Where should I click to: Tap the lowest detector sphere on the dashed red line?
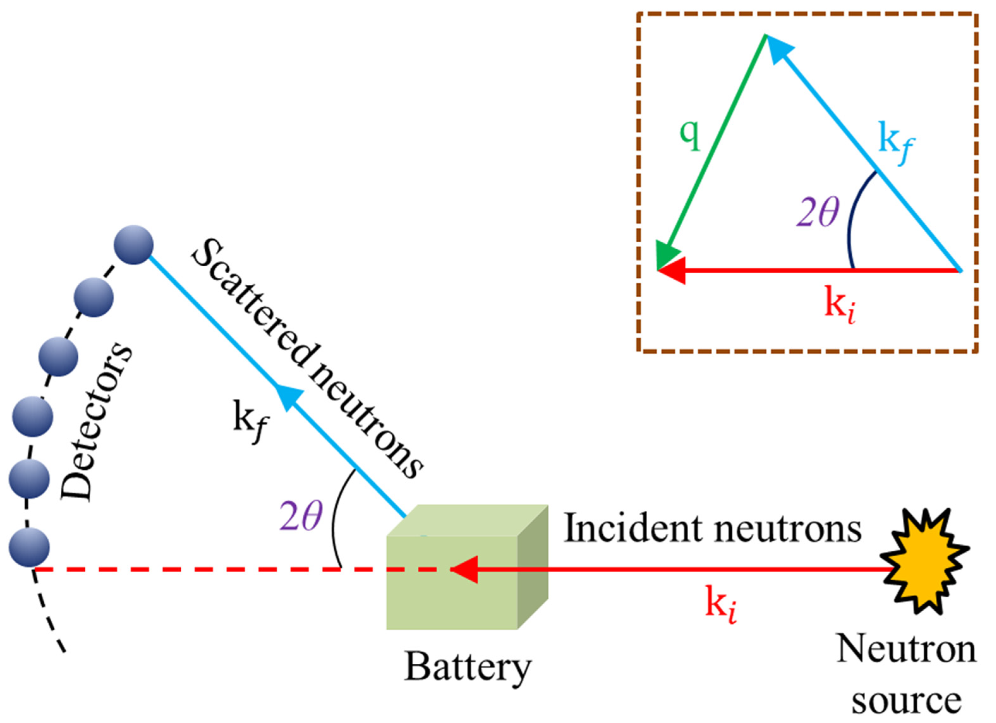pos(29,548)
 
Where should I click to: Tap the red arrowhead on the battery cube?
pos(466,569)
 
